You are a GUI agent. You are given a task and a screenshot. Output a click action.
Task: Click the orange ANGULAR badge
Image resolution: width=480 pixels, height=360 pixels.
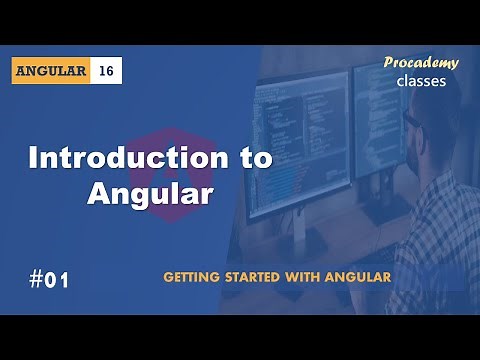tap(53, 71)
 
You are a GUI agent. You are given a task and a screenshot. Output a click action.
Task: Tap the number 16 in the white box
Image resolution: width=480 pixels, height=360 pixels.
tap(107, 71)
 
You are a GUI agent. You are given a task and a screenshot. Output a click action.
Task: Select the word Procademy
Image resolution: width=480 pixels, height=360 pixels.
tap(421, 63)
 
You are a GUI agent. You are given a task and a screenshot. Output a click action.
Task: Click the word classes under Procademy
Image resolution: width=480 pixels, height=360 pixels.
tap(421, 81)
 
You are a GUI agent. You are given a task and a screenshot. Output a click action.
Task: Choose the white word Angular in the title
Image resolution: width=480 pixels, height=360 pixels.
tap(150, 194)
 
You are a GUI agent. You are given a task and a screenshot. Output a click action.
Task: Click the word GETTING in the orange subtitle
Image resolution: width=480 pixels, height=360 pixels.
tap(196, 276)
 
